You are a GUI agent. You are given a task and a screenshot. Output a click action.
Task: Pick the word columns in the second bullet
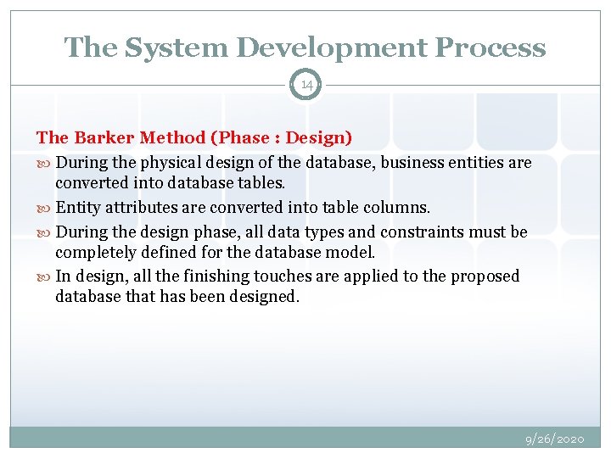tap(399, 207)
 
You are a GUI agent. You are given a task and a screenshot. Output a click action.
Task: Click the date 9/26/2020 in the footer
tap(555, 439)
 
